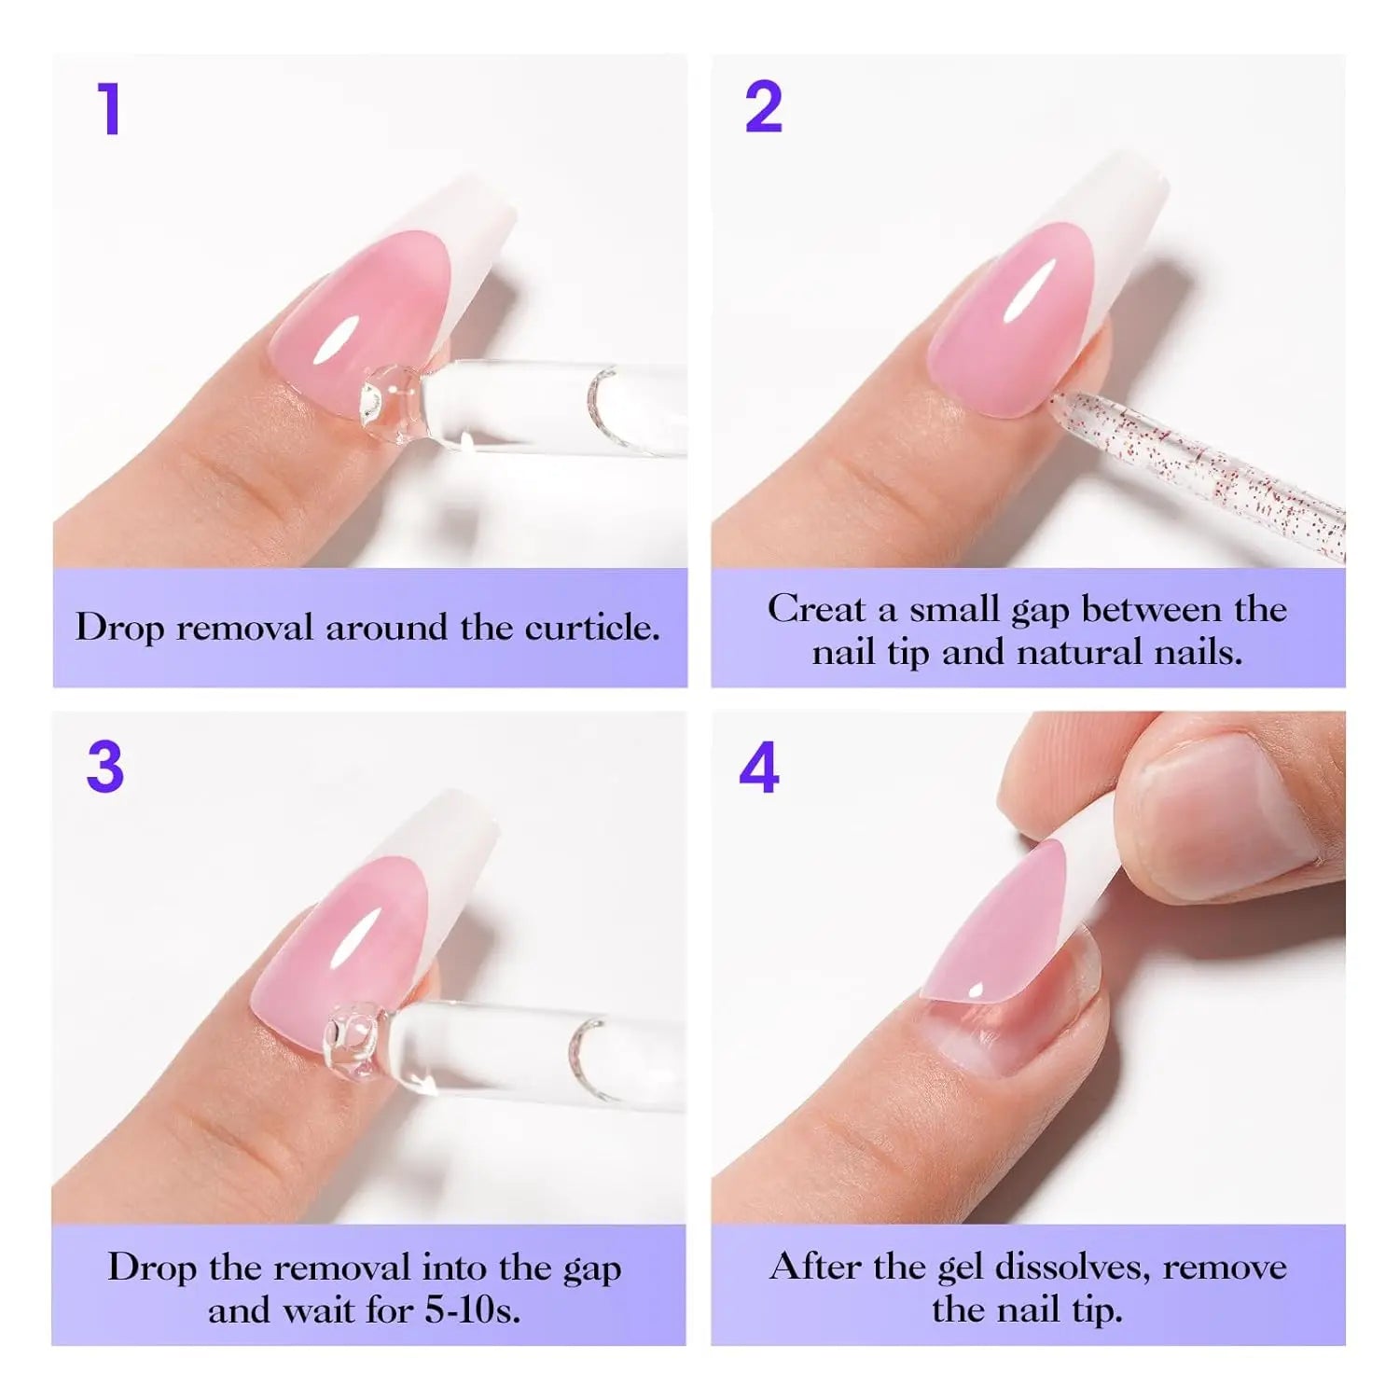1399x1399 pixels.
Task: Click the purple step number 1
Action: pyautogui.click(x=110, y=109)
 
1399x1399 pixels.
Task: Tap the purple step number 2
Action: pyautogui.click(x=763, y=109)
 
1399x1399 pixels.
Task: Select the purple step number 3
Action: pyautogui.click(x=105, y=768)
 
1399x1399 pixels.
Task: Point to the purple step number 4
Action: pyautogui.click(x=758, y=769)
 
